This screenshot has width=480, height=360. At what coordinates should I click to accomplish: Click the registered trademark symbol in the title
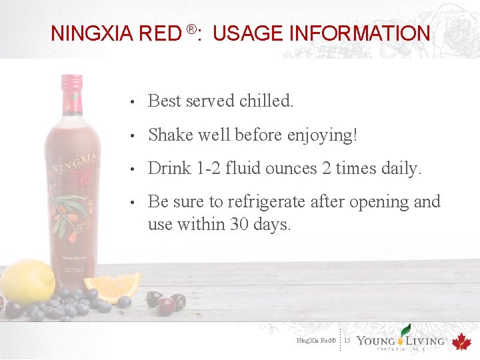[191, 29]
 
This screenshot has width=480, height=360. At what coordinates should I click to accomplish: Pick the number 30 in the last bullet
[239, 225]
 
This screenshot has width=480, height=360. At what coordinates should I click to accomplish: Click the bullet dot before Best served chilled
[134, 102]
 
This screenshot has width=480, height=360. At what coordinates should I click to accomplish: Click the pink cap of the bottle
[71, 83]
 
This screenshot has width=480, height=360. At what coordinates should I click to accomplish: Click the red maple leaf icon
[461, 342]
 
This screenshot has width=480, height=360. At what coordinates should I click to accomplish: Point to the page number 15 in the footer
[347, 341]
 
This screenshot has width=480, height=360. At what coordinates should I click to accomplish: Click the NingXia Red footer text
[317, 341]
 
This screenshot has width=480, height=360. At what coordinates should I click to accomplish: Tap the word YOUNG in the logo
[378, 341]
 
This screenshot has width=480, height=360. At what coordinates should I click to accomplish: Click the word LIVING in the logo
[425, 341]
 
